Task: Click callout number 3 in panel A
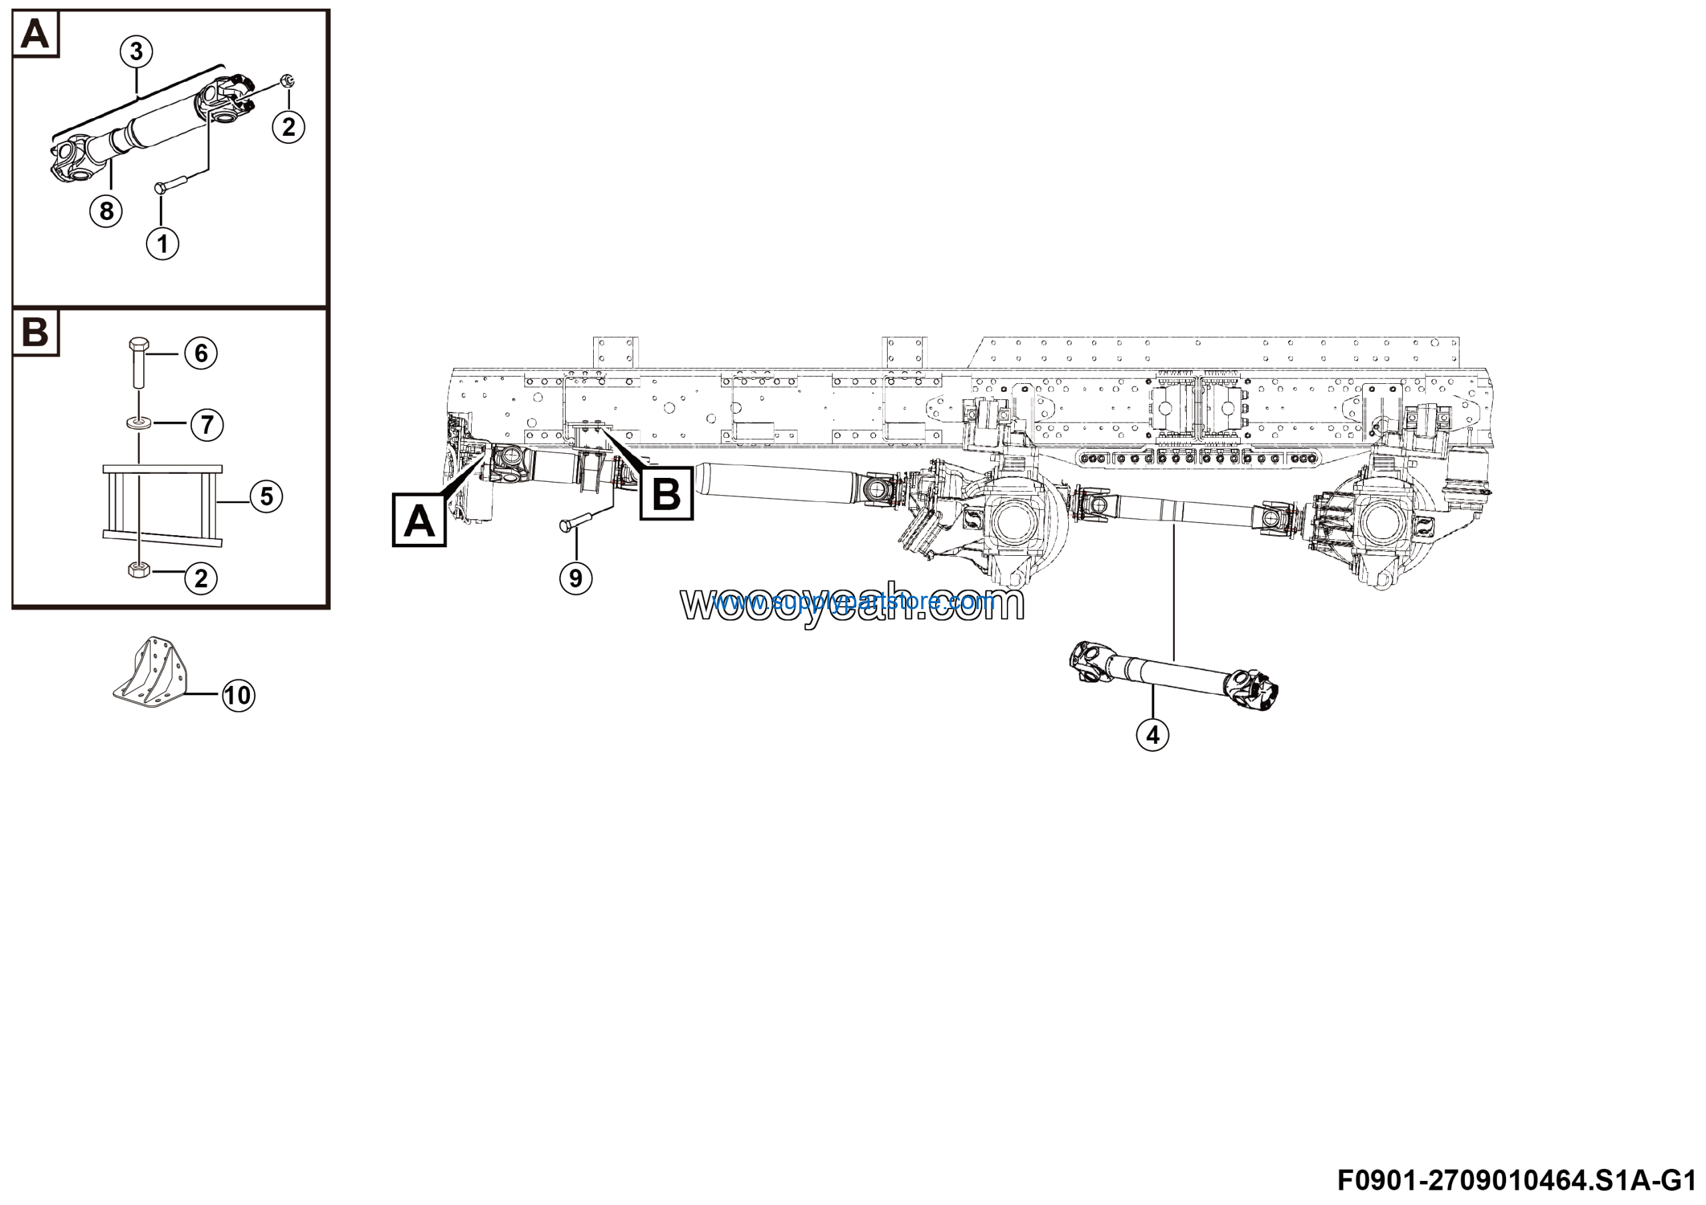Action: coord(136,51)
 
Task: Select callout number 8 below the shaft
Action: coord(106,211)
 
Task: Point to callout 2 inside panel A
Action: coord(289,127)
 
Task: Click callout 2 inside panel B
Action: coord(201,578)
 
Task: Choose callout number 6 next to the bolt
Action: coord(201,353)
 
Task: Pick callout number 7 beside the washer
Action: coord(207,425)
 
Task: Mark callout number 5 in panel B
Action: coord(266,497)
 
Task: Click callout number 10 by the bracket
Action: coord(238,695)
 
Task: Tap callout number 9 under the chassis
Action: coord(576,578)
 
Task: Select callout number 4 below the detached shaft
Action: coord(1152,734)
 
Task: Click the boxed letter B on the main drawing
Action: coord(666,493)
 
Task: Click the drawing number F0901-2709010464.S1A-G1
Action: coord(1520,1180)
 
